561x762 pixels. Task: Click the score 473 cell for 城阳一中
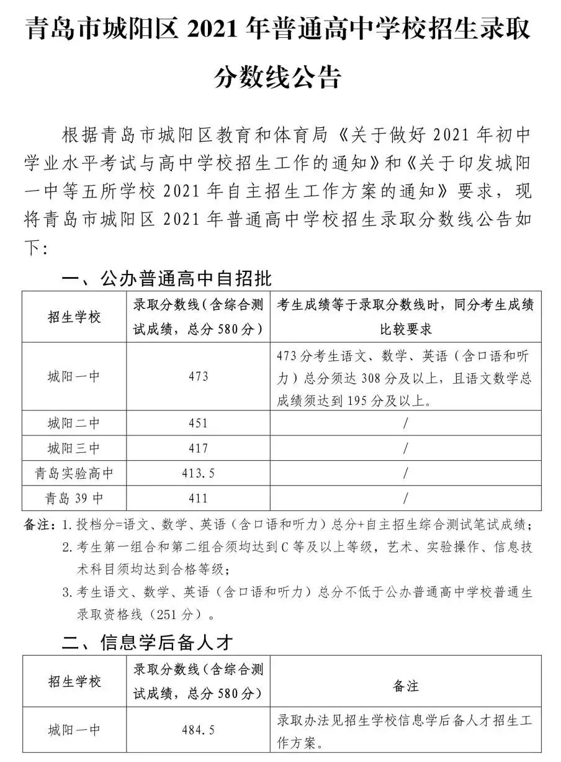pyautogui.click(x=199, y=376)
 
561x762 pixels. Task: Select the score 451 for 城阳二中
pyautogui.click(x=199, y=424)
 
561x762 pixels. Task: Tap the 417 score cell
pyautogui.click(x=199, y=448)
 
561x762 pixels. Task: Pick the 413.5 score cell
pyautogui.click(x=199, y=473)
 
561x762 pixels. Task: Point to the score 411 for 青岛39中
pyautogui.click(x=199, y=498)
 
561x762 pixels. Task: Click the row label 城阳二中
pyautogui.click(x=74, y=424)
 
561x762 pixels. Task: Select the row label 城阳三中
pyautogui.click(x=74, y=448)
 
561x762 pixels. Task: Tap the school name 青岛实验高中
pyautogui.click(x=74, y=473)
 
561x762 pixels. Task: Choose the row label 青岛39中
pyautogui.click(x=74, y=498)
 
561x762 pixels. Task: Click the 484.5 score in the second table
pyautogui.click(x=199, y=731)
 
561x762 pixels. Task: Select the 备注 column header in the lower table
pyautogui.click(x=406, y=686)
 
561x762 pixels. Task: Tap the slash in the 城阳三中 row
pyautogui.click(x=406, y=448)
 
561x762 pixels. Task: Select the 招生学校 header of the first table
pyautogui.click(x=74, y=316)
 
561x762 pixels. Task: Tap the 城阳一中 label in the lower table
pyautogui.click(x=74, y=731)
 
